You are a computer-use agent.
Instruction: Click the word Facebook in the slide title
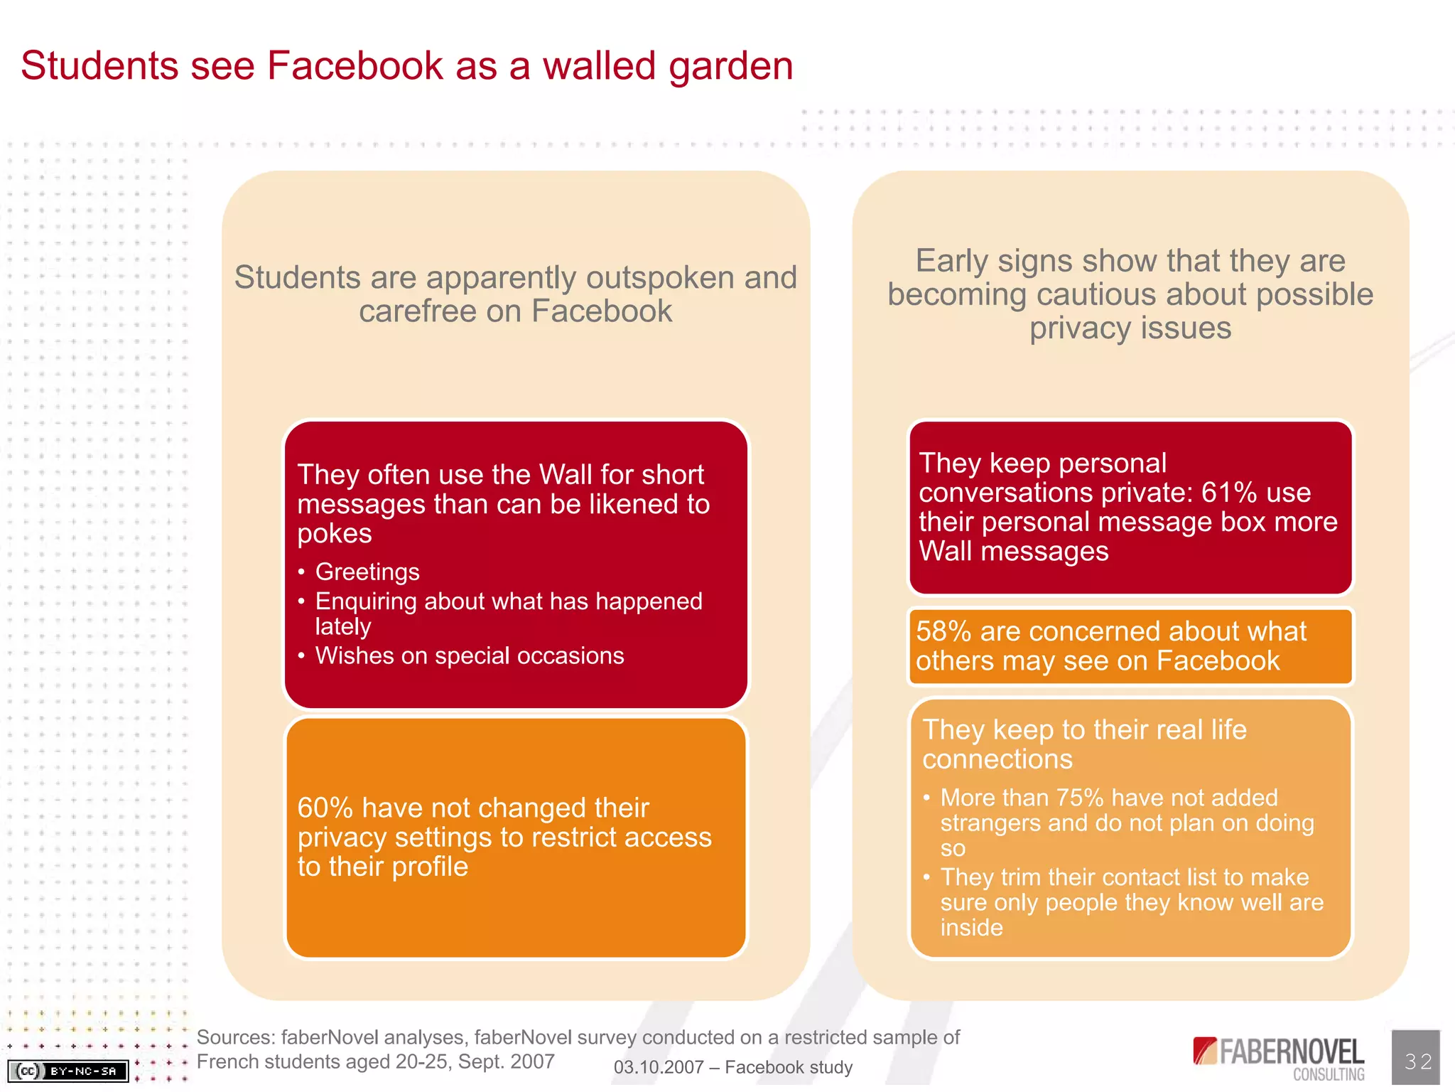(355, 66)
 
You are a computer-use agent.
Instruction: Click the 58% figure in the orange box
(943, 631)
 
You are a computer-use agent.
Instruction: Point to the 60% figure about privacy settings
(325, 808)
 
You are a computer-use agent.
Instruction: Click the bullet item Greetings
(367, 572)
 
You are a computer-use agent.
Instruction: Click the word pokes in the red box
(334, 534)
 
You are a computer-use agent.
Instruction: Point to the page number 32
(1417, 1061)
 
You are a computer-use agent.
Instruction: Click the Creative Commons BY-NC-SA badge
(68, 1071)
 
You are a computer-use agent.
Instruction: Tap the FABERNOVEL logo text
(1291, 1051)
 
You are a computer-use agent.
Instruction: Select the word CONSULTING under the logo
(1329, 1075)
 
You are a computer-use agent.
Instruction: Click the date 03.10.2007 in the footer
(659, 1067)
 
